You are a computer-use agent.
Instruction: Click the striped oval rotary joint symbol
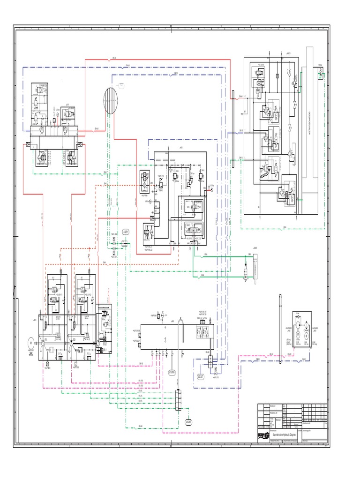[x=112, y=101]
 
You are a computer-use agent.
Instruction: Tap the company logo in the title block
[x=264, y=435]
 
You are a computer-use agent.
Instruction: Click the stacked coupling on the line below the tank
[x=178, y=401]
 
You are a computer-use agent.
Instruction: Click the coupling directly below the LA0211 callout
[x=126, y=243]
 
